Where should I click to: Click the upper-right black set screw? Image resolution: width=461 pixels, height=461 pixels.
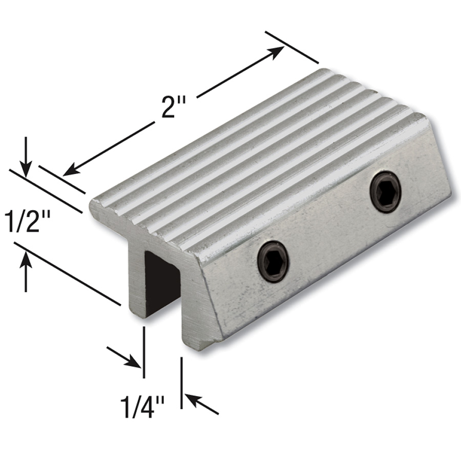pos(385,192)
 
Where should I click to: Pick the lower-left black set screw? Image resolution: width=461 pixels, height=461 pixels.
pos(273,262)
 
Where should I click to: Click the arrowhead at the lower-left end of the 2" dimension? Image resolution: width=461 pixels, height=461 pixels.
pos(69,170)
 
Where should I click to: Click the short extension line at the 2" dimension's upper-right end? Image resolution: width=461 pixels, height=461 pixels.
pos(292,46)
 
